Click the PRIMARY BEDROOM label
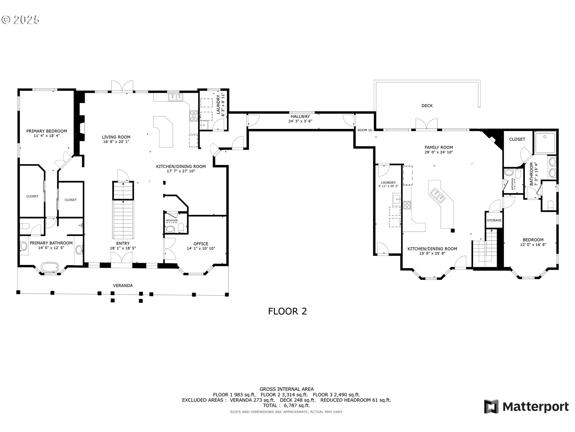pyautogui.click(x=46, y=131)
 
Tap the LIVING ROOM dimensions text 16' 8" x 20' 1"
pyautogui.click(x=116, y=142)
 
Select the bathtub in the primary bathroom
pyautogui.click(x=50, y=267)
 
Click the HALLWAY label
pyautogui.click(x=300, y=116)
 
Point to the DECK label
pyautogui.click(x=427, y=106)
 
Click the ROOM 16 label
pyautogui.click(x=364, y=130)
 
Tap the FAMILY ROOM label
pyautogui.click(x=438, y=147)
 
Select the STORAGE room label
pyautogui.click(x=494, y=220)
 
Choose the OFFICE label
pyautogui.click(x=201, y=244)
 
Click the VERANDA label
pyautogui.click(x=122, y=286)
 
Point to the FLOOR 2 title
pyautogui.click(x=287, y=311)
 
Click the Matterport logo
pyautogui.click(x=526, y=407)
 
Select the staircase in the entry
pyautogui.click(x=123, y=219)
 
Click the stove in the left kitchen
pyautogui.click(x=193, y=116)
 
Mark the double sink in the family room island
pyautogui.click(x=438, y=195)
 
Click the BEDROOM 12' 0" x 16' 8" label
pyautogui.click(x=533, y=242)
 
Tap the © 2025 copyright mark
pyautogui.click(x=20, y=20)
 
